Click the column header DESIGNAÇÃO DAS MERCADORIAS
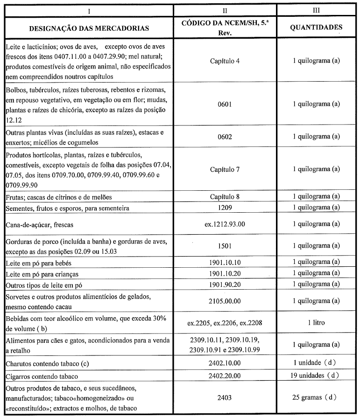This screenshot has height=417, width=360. point(89,28)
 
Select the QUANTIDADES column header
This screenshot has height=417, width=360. point(316,27)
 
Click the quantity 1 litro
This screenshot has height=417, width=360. point(316,322)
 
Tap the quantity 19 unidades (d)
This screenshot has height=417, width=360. point(316,375)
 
